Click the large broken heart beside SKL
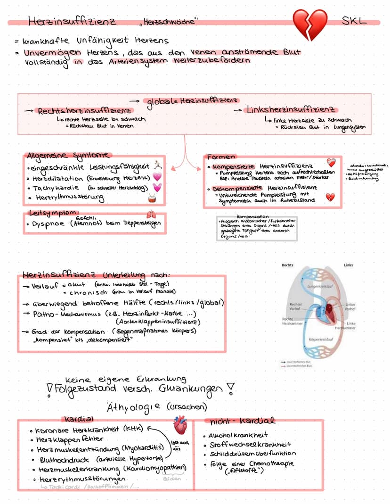click(x=309, y=25)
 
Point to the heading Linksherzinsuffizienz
click(x=291, y=110)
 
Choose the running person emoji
click(x=157, y=165)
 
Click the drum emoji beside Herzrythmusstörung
click(x=151, y=198)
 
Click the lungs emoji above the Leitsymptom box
click(x=151, y=214)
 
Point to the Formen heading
click(x=221, y=157)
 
